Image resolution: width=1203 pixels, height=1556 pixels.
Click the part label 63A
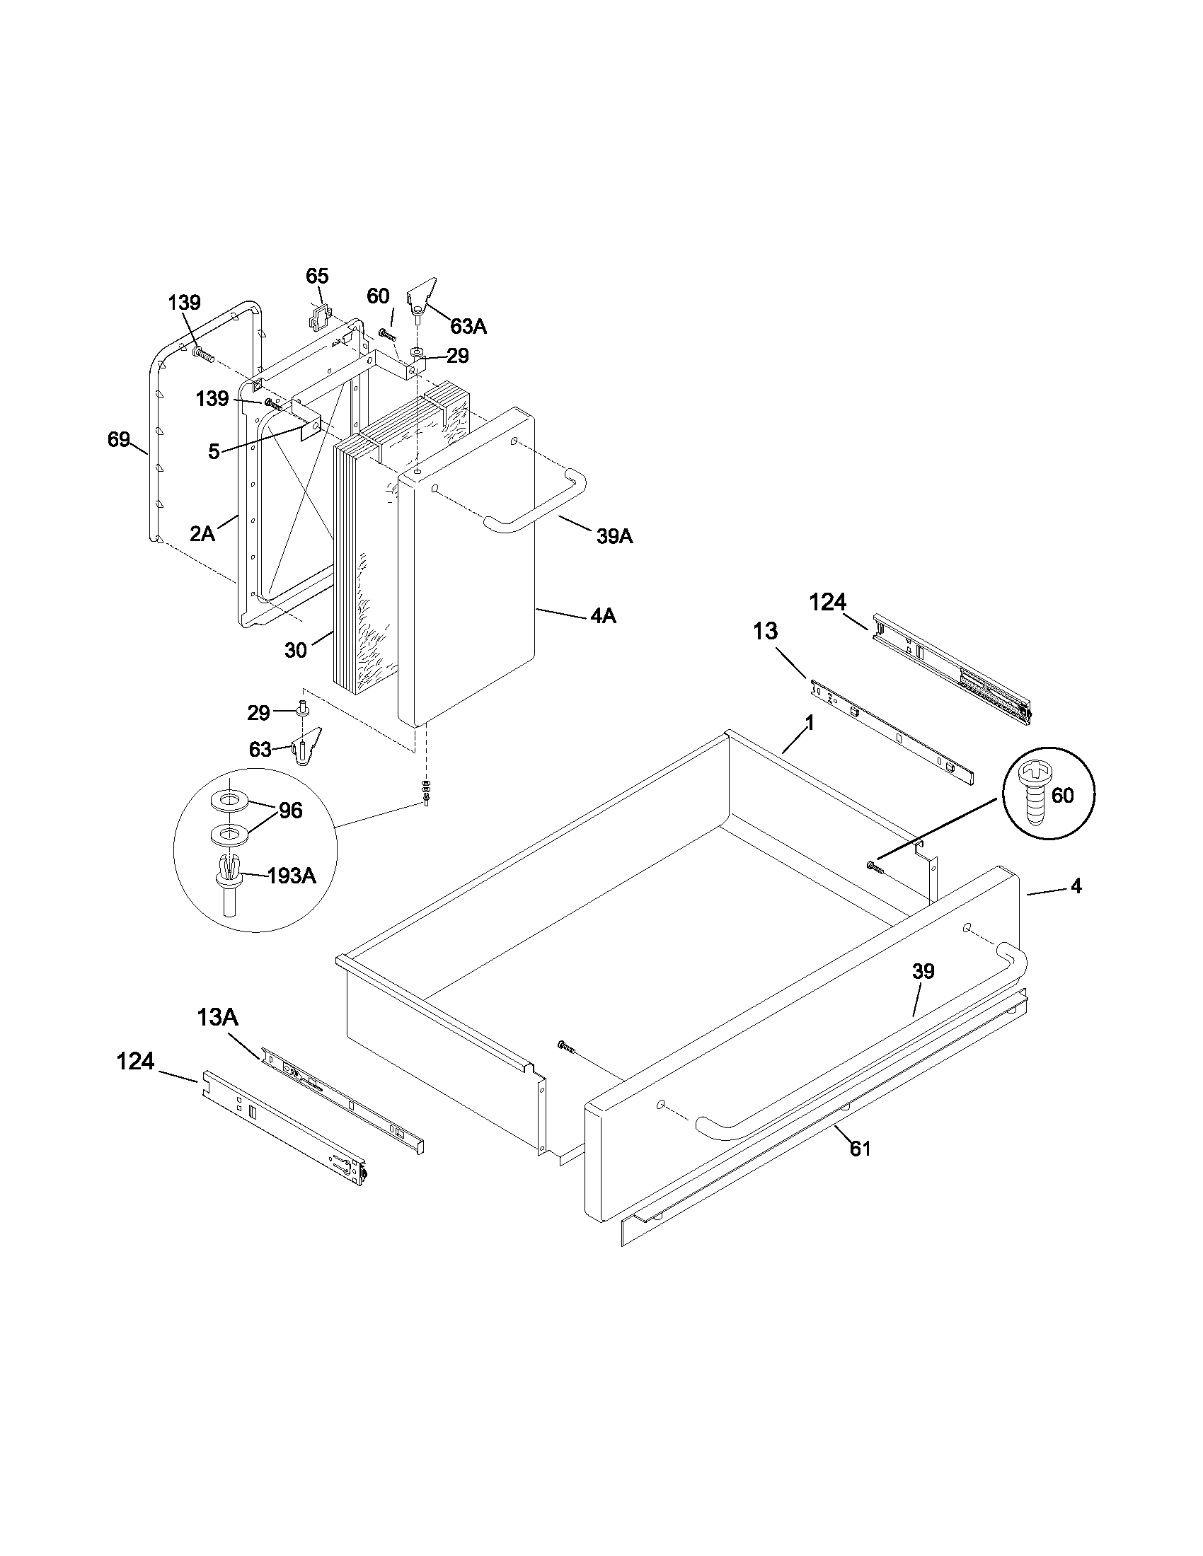[468, 326]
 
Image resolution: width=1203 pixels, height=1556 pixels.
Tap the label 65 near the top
[317, 276]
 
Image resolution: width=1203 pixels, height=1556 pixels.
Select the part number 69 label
[118, 440]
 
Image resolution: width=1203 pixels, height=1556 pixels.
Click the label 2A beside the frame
[202, 533]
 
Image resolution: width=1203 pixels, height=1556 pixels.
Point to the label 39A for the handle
[614, 537]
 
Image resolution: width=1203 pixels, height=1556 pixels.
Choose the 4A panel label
[603, 615]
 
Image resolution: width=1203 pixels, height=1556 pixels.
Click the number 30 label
[296, 650]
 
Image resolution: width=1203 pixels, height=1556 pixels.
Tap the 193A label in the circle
[291, 876]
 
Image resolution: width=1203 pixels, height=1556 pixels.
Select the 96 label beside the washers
[291, 811]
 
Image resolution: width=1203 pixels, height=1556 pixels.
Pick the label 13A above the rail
[217, 1017]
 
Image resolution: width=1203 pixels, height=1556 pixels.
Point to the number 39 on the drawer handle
[922, 971]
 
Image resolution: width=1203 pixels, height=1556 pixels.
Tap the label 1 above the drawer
[809, 723]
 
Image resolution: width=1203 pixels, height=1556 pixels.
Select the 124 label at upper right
[827, 602]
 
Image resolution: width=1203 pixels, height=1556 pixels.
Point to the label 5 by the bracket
[214, 451]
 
